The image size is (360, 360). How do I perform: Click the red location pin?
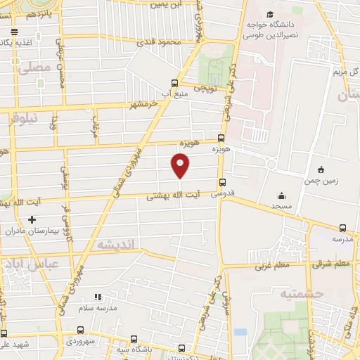[181, 166]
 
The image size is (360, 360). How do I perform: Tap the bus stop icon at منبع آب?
[175, 81]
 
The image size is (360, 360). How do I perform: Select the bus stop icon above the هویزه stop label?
[222, 138]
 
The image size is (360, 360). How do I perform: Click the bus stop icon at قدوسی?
[223, 182]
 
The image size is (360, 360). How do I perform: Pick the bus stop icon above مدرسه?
[342, 228]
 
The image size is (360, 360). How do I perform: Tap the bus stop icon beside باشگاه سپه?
[181, 347]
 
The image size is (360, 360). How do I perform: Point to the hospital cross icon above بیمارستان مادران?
[31, 219]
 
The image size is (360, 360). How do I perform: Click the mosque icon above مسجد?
[282, 195]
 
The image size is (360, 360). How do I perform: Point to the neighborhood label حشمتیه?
[300, 293]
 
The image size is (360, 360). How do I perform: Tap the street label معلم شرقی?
[332, 264]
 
